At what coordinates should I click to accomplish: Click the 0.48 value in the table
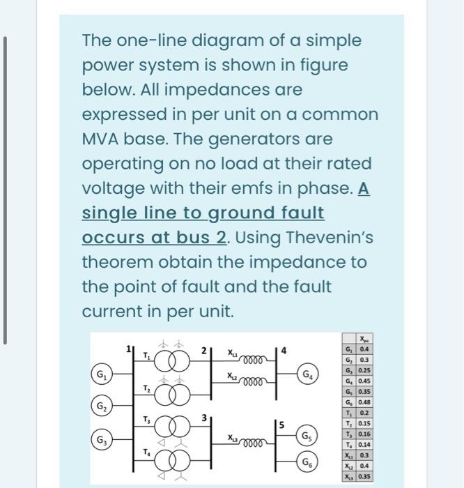pos(364,403)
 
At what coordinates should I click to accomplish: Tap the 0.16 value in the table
pos(364,434)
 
